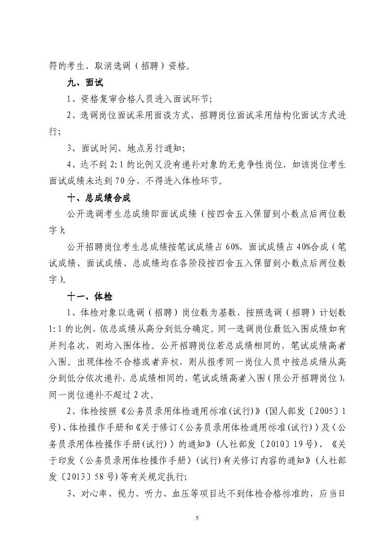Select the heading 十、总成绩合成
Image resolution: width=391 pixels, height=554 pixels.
click(x=99, y=198)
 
